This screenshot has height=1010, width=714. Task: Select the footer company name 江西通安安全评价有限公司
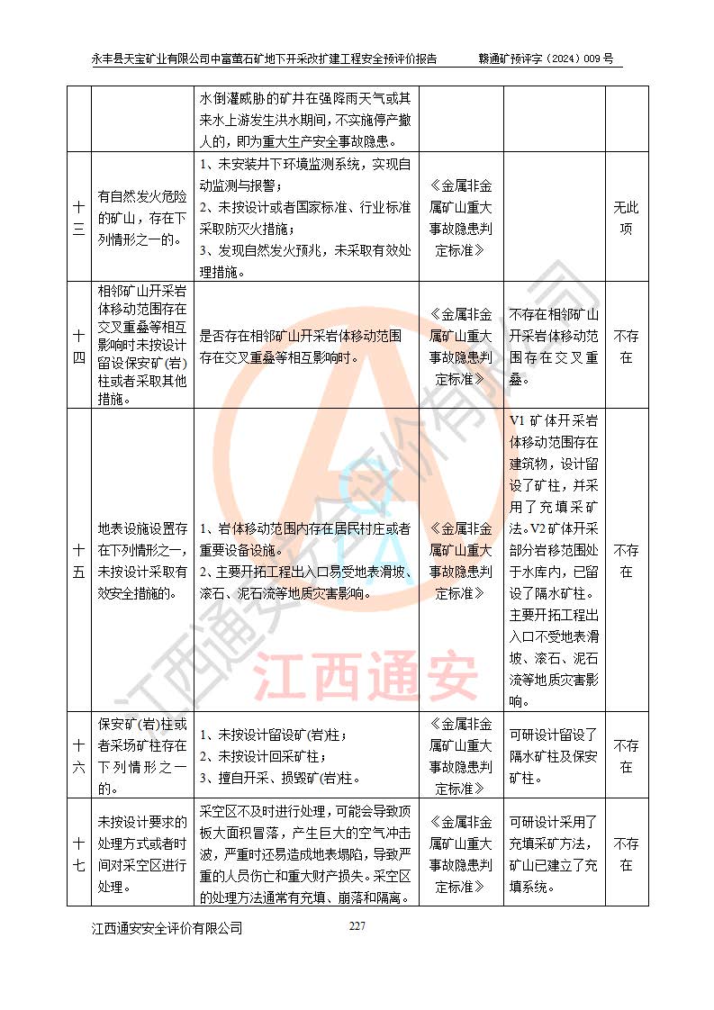167,928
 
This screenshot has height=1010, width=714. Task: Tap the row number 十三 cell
79,217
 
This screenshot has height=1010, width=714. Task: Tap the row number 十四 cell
79,346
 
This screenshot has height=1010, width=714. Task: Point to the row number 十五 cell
79,560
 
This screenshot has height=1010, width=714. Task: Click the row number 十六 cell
79,756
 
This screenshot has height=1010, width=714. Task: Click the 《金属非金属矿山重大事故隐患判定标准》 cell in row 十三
462,217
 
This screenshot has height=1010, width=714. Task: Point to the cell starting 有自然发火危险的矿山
142,217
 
